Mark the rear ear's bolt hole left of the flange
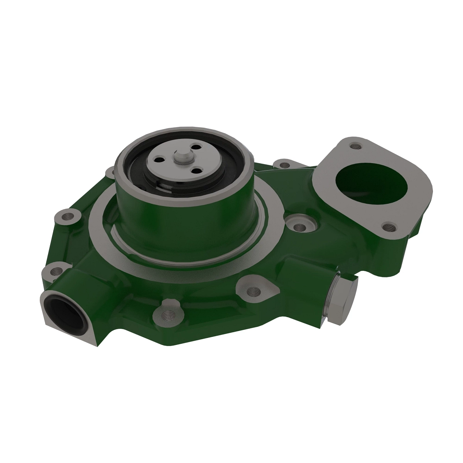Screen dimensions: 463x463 tap(285, 165)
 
